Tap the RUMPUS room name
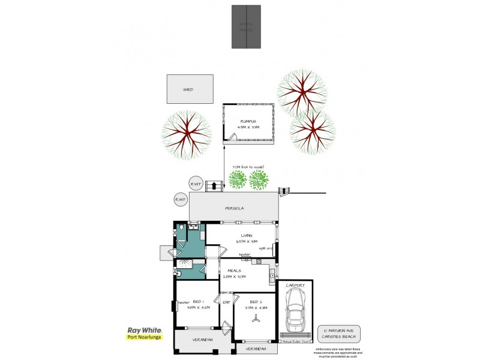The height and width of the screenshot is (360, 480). [247, 121]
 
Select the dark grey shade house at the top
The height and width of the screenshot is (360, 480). [247, 26]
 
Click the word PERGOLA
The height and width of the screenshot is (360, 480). [234, 209]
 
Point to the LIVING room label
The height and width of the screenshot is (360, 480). [247, 236]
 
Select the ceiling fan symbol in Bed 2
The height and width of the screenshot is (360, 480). [254, 319]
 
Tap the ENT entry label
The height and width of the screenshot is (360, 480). [226, 302]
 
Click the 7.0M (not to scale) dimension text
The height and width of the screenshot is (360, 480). [247, 168]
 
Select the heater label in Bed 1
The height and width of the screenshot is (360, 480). [184, 302]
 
